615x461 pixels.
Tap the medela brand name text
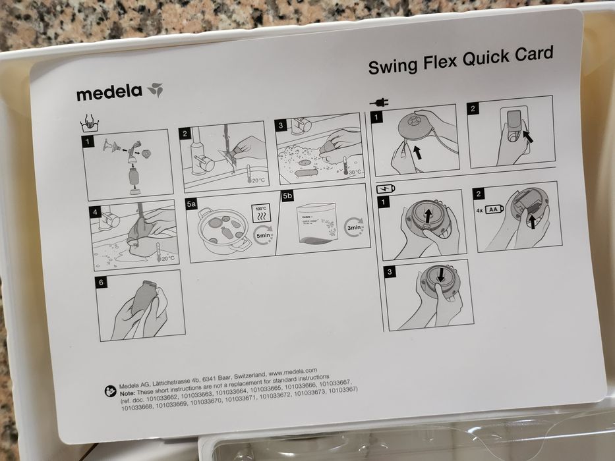coord(109,93)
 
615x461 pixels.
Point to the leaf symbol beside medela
coord(155,90)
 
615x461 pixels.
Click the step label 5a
coord(191,205)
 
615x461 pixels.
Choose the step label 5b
coord(287,196)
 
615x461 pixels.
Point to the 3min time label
coord(355,227)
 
